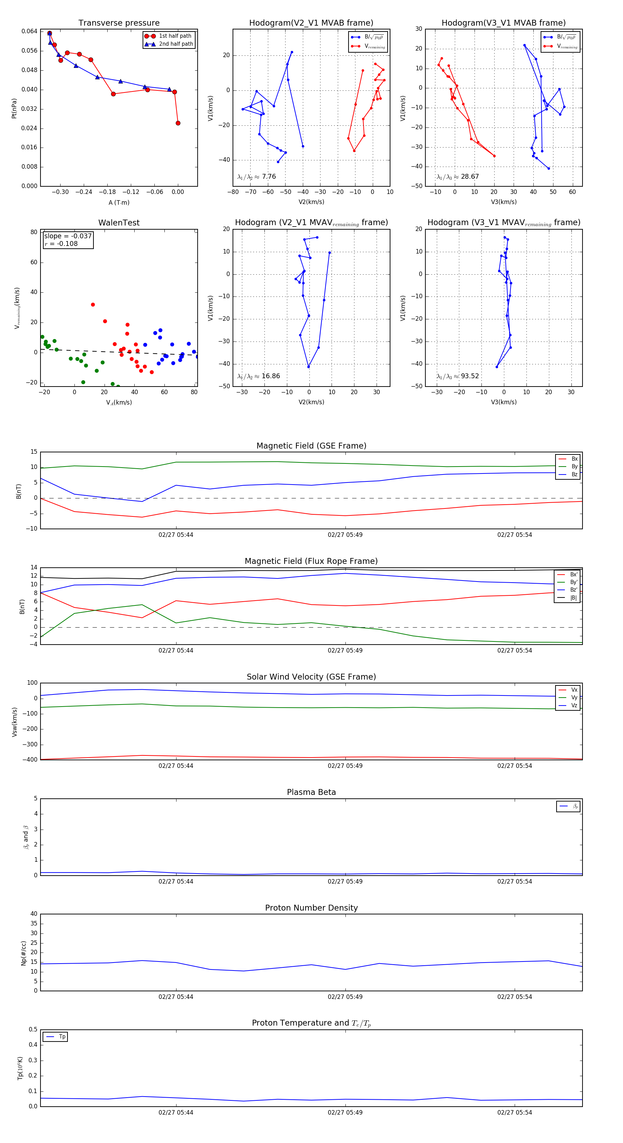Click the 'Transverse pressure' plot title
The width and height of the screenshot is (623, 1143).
(x=119, y=23)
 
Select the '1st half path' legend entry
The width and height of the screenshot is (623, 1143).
(x=175, y=36)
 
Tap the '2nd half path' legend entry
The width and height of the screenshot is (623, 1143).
(x=175, y=44)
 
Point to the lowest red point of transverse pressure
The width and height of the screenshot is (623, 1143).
(x=178, y=123)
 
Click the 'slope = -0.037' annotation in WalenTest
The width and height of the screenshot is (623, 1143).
(x=68, y=236)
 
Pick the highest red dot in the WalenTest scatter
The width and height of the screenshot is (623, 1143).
(x=93, y=304)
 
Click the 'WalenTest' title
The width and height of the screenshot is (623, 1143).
(x=119, y=223)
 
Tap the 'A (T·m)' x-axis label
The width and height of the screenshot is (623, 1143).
(x=119, y=202)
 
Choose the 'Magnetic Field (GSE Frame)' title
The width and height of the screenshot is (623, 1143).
(x=311, y=446)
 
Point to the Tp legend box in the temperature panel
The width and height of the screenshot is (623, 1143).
(x=55, y=1037)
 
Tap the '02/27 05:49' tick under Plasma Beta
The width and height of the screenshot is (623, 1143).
(x=345, y=881)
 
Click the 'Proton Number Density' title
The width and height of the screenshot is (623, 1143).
(x=311, y=908)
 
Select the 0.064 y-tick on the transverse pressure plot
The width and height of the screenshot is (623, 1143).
(x=29, y=31)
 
